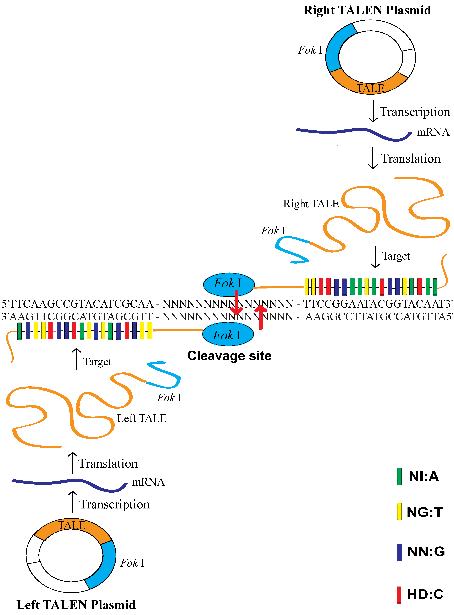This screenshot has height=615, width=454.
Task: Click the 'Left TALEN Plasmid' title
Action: point(76,605)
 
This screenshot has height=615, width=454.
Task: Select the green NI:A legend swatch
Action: point(399,476)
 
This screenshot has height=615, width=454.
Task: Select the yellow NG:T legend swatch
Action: point(399,512)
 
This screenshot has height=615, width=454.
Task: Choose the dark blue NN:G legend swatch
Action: point(399,552)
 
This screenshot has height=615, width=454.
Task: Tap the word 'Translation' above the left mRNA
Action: point(108,464)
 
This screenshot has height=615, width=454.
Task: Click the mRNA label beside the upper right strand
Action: point(433,132)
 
